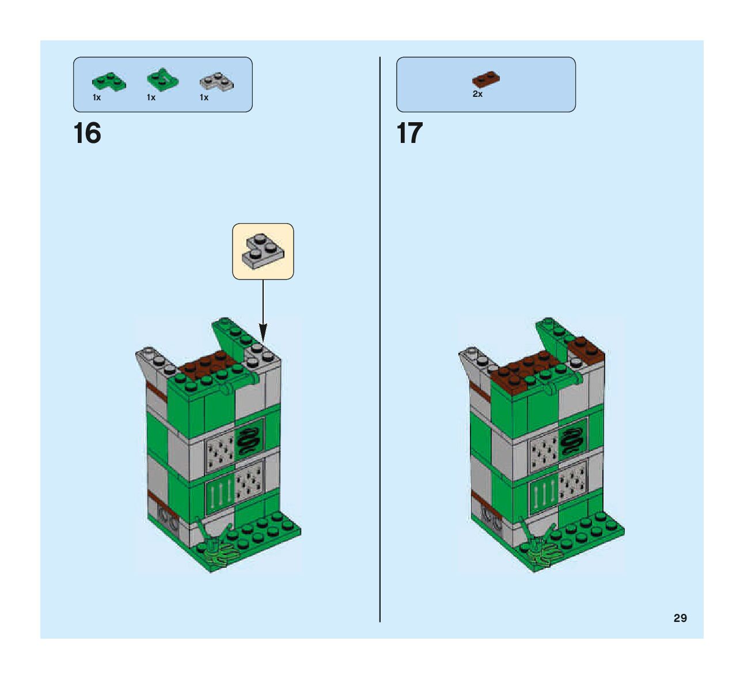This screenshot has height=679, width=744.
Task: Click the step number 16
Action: tap(88, 134)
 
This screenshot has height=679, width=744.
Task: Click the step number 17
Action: tap(409, 134)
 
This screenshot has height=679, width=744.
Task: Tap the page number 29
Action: tap(680, 618)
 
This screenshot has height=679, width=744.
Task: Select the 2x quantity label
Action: tap(477, 94)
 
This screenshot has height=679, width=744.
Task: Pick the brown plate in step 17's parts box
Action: tap(486, 80)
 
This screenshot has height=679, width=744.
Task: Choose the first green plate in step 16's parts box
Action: tap(109, 82)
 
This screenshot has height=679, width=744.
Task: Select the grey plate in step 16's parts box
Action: tap(217, 82)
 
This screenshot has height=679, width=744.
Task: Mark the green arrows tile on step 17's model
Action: tap(543, 491)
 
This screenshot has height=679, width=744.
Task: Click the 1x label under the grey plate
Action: tap(204, 98)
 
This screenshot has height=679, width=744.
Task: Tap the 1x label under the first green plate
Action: tap(97, 98)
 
